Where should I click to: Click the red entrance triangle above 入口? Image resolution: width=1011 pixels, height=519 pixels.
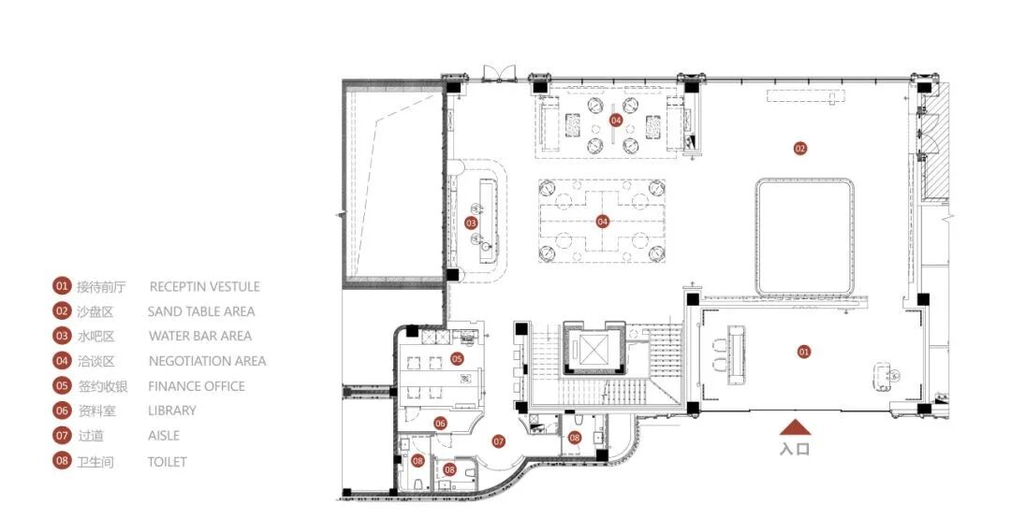[795, 427]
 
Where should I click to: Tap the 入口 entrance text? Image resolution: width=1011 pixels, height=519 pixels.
[795, 449]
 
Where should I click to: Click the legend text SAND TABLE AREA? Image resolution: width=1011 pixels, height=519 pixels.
[201, 311]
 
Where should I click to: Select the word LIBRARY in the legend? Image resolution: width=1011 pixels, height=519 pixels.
[172, 411]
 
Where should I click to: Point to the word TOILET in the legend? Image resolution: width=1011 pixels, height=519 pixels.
[167, 462]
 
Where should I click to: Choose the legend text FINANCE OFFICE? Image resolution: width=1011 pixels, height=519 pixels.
[197, 386]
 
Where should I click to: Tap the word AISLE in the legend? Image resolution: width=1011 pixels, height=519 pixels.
[164, 436]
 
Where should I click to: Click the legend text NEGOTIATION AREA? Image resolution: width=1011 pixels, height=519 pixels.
[207, 361]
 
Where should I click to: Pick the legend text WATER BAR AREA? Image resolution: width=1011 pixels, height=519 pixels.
[200, 336]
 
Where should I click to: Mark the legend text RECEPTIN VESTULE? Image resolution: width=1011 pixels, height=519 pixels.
[204, 286]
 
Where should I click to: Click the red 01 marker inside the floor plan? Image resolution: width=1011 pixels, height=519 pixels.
[803, 353]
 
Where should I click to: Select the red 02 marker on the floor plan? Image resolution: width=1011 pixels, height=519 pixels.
[800, 149]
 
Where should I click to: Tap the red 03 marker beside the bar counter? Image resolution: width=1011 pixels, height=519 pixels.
[471, 223]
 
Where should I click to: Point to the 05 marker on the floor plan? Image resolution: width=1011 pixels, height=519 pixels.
[457, 359]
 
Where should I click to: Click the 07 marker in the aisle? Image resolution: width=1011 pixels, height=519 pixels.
[498, 441]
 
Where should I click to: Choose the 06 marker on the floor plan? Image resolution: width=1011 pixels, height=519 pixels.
[440, 424]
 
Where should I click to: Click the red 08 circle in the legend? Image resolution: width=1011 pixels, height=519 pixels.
[62, 461]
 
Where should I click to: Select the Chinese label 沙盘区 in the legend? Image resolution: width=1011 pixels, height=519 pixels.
[95, 312]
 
